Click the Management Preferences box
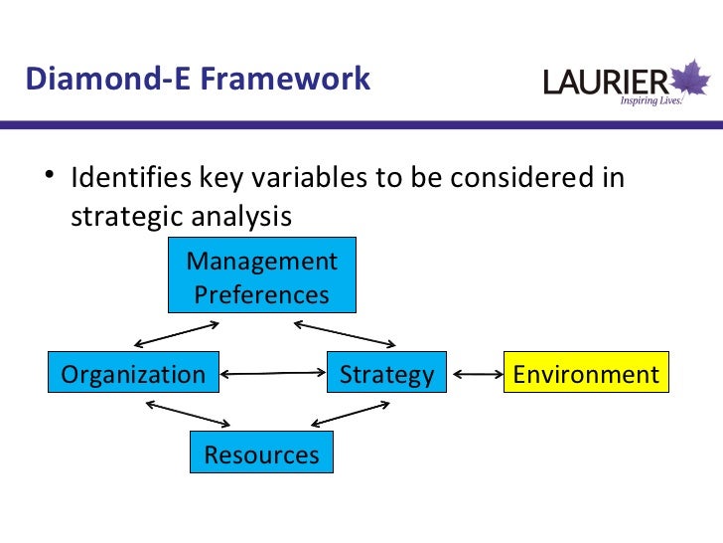261,277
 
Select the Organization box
133,375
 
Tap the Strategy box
386,375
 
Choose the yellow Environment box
586,375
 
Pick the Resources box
261,454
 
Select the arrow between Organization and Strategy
272,374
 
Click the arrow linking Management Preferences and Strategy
345,332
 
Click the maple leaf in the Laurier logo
691,79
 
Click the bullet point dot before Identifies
49,180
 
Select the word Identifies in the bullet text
129,179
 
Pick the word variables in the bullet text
304,179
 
